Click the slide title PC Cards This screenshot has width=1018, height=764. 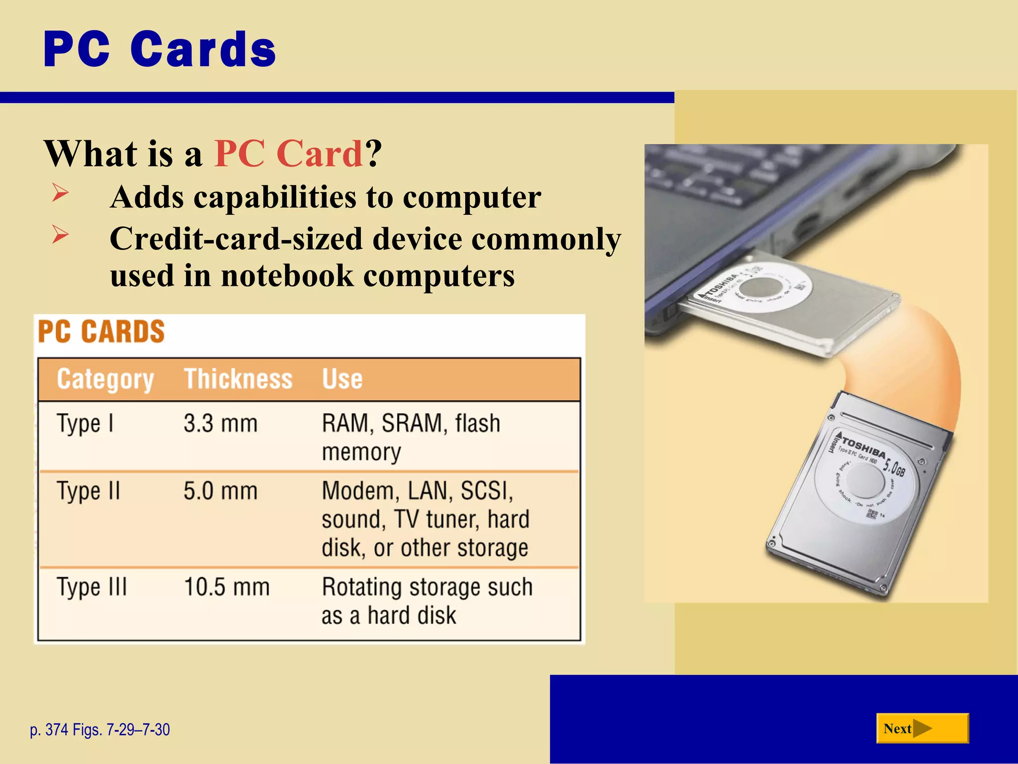click(x=160, y=49)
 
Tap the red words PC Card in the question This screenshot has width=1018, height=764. click(x=288, y=154)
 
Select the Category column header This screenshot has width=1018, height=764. click(x=105, y=380)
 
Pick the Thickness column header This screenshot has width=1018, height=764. click(x=238, y=380)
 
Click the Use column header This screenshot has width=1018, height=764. click(x=342, y=380)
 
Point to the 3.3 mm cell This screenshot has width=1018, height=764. click(x=220, y=424)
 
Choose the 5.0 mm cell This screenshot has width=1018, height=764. click(x=220, y=491)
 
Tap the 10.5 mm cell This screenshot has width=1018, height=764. click(x=226, y=587)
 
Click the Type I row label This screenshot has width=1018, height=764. click(x=85, y=424)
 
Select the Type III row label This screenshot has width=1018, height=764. click(x=92, y=587)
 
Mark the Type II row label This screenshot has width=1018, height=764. click(x=88, y=491)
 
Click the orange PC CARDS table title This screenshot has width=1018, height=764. click(x=101, y=332)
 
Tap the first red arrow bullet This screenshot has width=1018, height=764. click(x=60, y=192)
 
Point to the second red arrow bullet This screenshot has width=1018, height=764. click(x=60, y=234)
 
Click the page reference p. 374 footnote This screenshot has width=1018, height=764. click(x=99, y=730)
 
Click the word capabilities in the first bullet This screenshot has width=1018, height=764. click(x=275, y=197)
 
